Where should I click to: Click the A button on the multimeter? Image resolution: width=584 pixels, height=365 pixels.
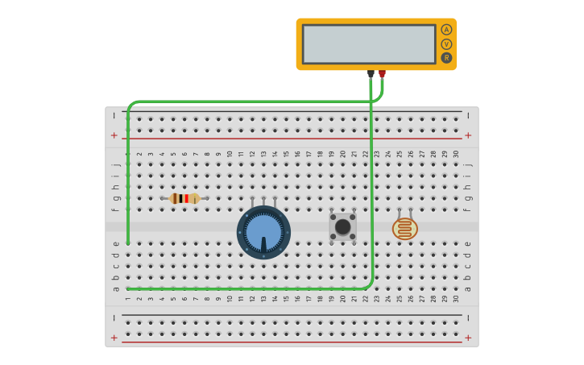[x=446, y=30]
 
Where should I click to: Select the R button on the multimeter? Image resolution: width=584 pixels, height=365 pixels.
[x=446, y=58]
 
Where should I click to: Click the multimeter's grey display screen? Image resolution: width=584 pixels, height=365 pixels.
[x=369, y=44]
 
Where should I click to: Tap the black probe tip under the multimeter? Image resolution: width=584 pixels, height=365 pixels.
[x=371, y=74]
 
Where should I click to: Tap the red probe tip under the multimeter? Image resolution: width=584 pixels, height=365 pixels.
[x=382, y=74]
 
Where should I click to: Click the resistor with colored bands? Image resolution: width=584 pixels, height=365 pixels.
[x=184, y=198]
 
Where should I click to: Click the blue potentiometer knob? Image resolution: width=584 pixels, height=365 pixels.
[x=263, y=232]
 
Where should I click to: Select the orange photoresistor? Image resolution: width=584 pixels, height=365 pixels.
[x=405, y=229]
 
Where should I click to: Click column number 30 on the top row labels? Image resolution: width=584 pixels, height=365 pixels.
[x=455, y=154]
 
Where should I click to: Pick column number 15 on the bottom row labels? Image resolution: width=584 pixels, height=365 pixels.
[x=286, y=298]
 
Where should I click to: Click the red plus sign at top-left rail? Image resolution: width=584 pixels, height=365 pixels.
[x=114, y=135]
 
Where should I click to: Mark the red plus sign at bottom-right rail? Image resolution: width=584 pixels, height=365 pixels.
[x=468, y=338]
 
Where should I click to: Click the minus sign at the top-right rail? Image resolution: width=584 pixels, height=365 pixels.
[x=468, y=115]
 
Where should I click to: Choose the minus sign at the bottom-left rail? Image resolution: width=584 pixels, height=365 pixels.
[x=114, y=317]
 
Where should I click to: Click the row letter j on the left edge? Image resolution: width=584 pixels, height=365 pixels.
[x=116, y=164]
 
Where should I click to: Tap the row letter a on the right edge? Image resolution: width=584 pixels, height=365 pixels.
[x=468, y=288]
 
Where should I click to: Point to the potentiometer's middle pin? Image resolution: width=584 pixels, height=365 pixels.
[x=263, y=200]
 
